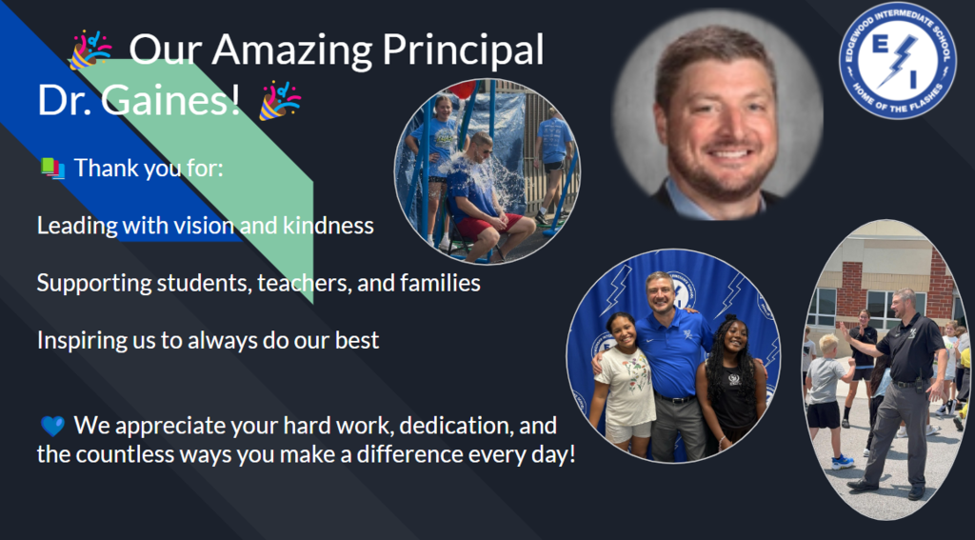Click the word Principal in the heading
[x=463, y=50]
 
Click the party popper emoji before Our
[x=90, y=50]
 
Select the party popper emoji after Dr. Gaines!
[x=280, y=100]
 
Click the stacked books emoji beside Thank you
[x=53, y=169]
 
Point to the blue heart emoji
[x=53, y=426]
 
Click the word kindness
[x=328, y=225]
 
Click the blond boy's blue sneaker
[x=843, y=462]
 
